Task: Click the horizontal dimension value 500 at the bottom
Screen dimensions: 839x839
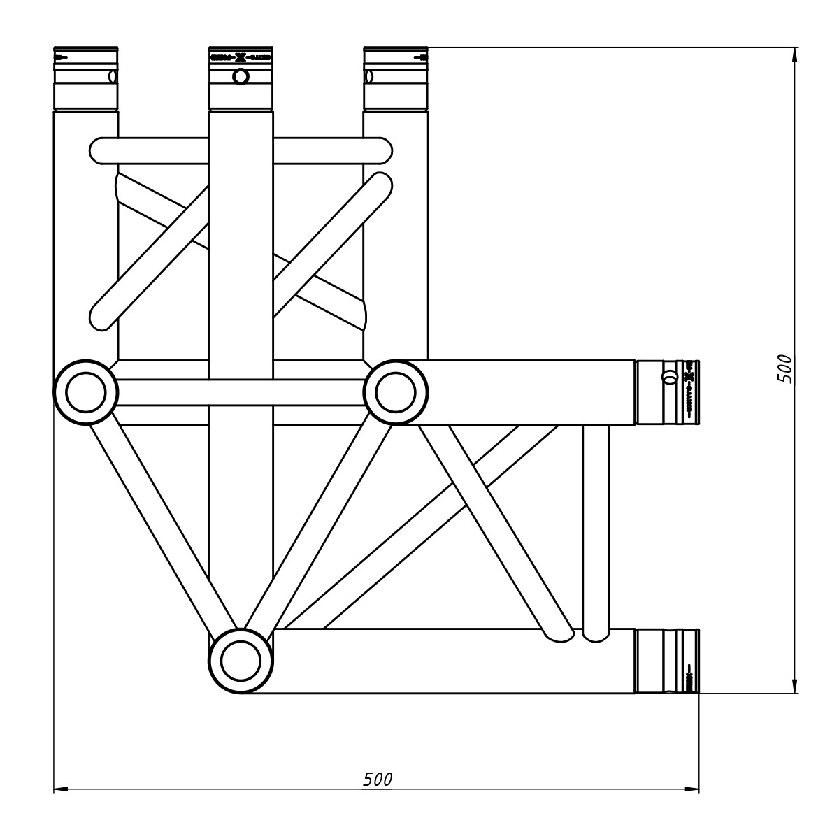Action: (378, 780)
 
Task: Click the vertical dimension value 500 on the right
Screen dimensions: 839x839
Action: (786, 368)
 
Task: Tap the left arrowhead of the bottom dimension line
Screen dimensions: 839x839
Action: (60, 790)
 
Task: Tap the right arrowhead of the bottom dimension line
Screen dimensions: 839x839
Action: (693, 790)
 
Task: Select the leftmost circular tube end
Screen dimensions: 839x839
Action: (86, 392)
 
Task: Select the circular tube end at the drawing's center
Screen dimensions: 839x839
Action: (396, 392)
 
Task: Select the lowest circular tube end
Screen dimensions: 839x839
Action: (241, 661)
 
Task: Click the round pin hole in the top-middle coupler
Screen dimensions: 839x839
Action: (241, 76)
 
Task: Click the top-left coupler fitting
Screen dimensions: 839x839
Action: (86, 78)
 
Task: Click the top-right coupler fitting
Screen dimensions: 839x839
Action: (396, 78)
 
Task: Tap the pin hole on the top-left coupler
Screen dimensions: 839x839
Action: (112, 76)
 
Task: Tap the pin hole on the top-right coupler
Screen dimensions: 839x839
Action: (369, 76)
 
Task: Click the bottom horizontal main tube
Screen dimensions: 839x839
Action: (447, 661)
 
